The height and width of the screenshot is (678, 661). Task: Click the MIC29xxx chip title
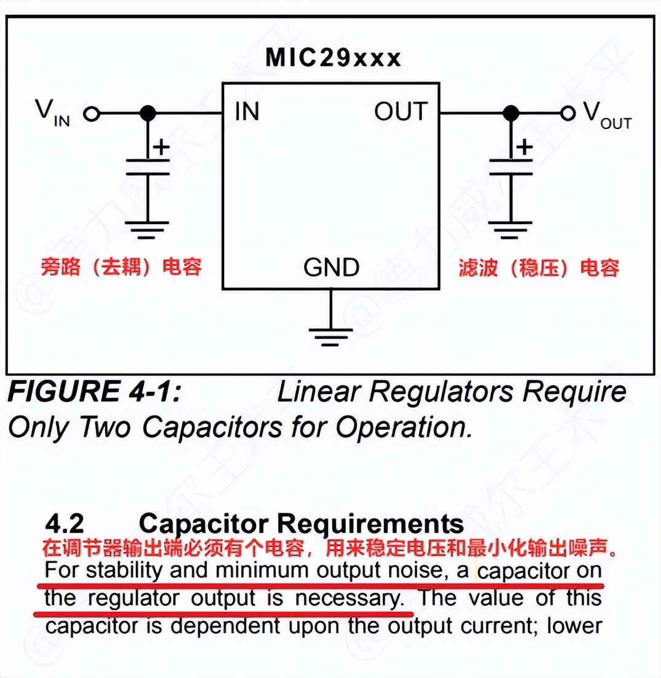coord(333,58)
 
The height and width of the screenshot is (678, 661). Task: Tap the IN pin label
coord(246,112)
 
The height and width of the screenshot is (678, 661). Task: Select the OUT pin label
coord(401,112)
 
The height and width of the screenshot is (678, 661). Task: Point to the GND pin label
coord(331,267)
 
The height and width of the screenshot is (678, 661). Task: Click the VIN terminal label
coord(52,113)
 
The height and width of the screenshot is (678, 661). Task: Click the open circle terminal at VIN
coord(92,114)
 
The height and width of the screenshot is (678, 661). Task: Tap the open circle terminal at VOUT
coord(568,114)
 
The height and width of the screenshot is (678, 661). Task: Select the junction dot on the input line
coord(147,114)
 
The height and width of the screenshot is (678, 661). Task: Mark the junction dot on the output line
coord(510,114)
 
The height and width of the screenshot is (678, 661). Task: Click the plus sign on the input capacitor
coord(161,147)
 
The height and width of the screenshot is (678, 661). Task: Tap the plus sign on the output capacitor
coord(524,147)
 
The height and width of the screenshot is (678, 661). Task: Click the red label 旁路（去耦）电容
coord(121,267)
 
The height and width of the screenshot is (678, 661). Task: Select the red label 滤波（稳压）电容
coord(539,268)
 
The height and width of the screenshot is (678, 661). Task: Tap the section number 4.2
coord(65,524)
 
